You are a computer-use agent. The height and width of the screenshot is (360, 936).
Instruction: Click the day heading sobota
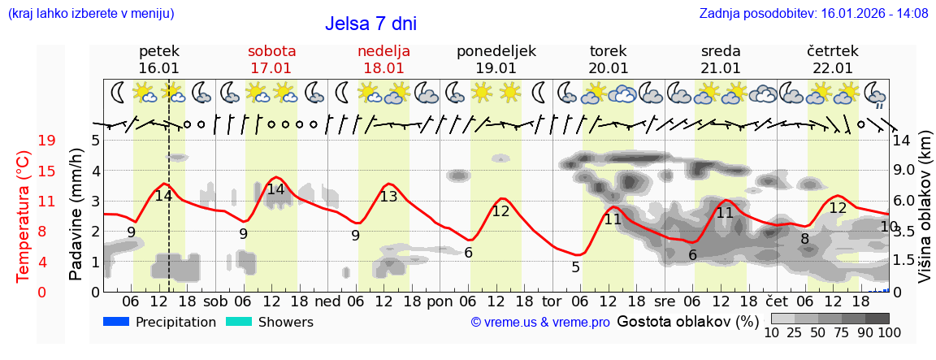(271, 51)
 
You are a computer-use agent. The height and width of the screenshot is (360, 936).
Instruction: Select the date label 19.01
(496, 68)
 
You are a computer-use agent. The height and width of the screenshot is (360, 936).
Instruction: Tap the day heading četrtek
(832, 51)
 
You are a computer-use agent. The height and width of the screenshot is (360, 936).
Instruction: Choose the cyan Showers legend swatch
(239, 322)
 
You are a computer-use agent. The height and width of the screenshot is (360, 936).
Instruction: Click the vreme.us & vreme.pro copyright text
(540, 323)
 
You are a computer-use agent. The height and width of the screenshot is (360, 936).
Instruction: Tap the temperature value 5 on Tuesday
(575, 267)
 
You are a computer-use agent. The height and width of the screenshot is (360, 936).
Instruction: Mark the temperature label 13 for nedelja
(389, 197)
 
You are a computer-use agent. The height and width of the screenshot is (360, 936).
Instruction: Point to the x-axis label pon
(440, 300)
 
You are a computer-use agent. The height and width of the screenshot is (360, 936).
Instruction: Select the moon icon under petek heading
(119, 93)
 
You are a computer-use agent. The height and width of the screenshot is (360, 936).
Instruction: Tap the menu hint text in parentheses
(90, 14)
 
